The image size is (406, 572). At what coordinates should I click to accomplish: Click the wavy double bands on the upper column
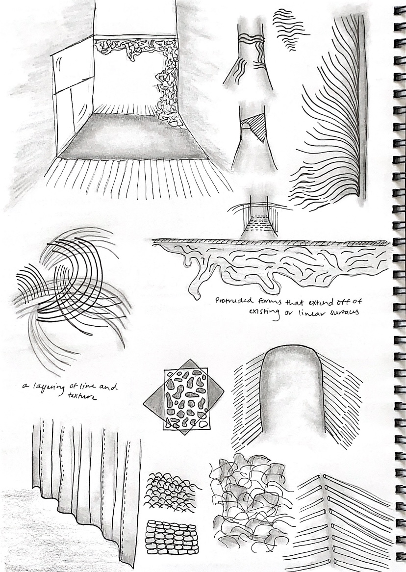(x=251, y=36)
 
